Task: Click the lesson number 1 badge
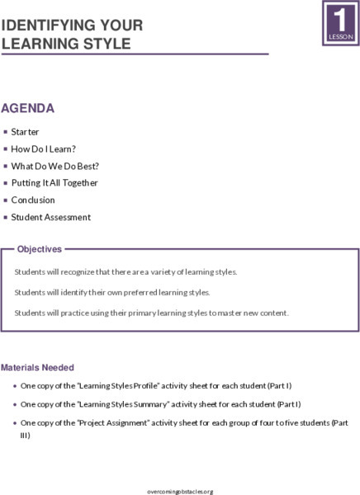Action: (340, 22)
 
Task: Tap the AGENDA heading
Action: (28, 108)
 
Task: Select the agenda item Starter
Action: (25, 132)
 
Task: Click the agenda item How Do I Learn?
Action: (44, 149)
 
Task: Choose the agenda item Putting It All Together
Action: (54, 183)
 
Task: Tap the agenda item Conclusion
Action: (33, 200)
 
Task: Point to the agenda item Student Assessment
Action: (50, 217)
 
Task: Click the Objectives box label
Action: (40, 248)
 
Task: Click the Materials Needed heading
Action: (37, 367)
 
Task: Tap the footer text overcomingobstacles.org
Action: (179, 491)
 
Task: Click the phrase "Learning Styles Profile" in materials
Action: (102, 385)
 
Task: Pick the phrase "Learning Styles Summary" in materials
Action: (104, 404)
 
